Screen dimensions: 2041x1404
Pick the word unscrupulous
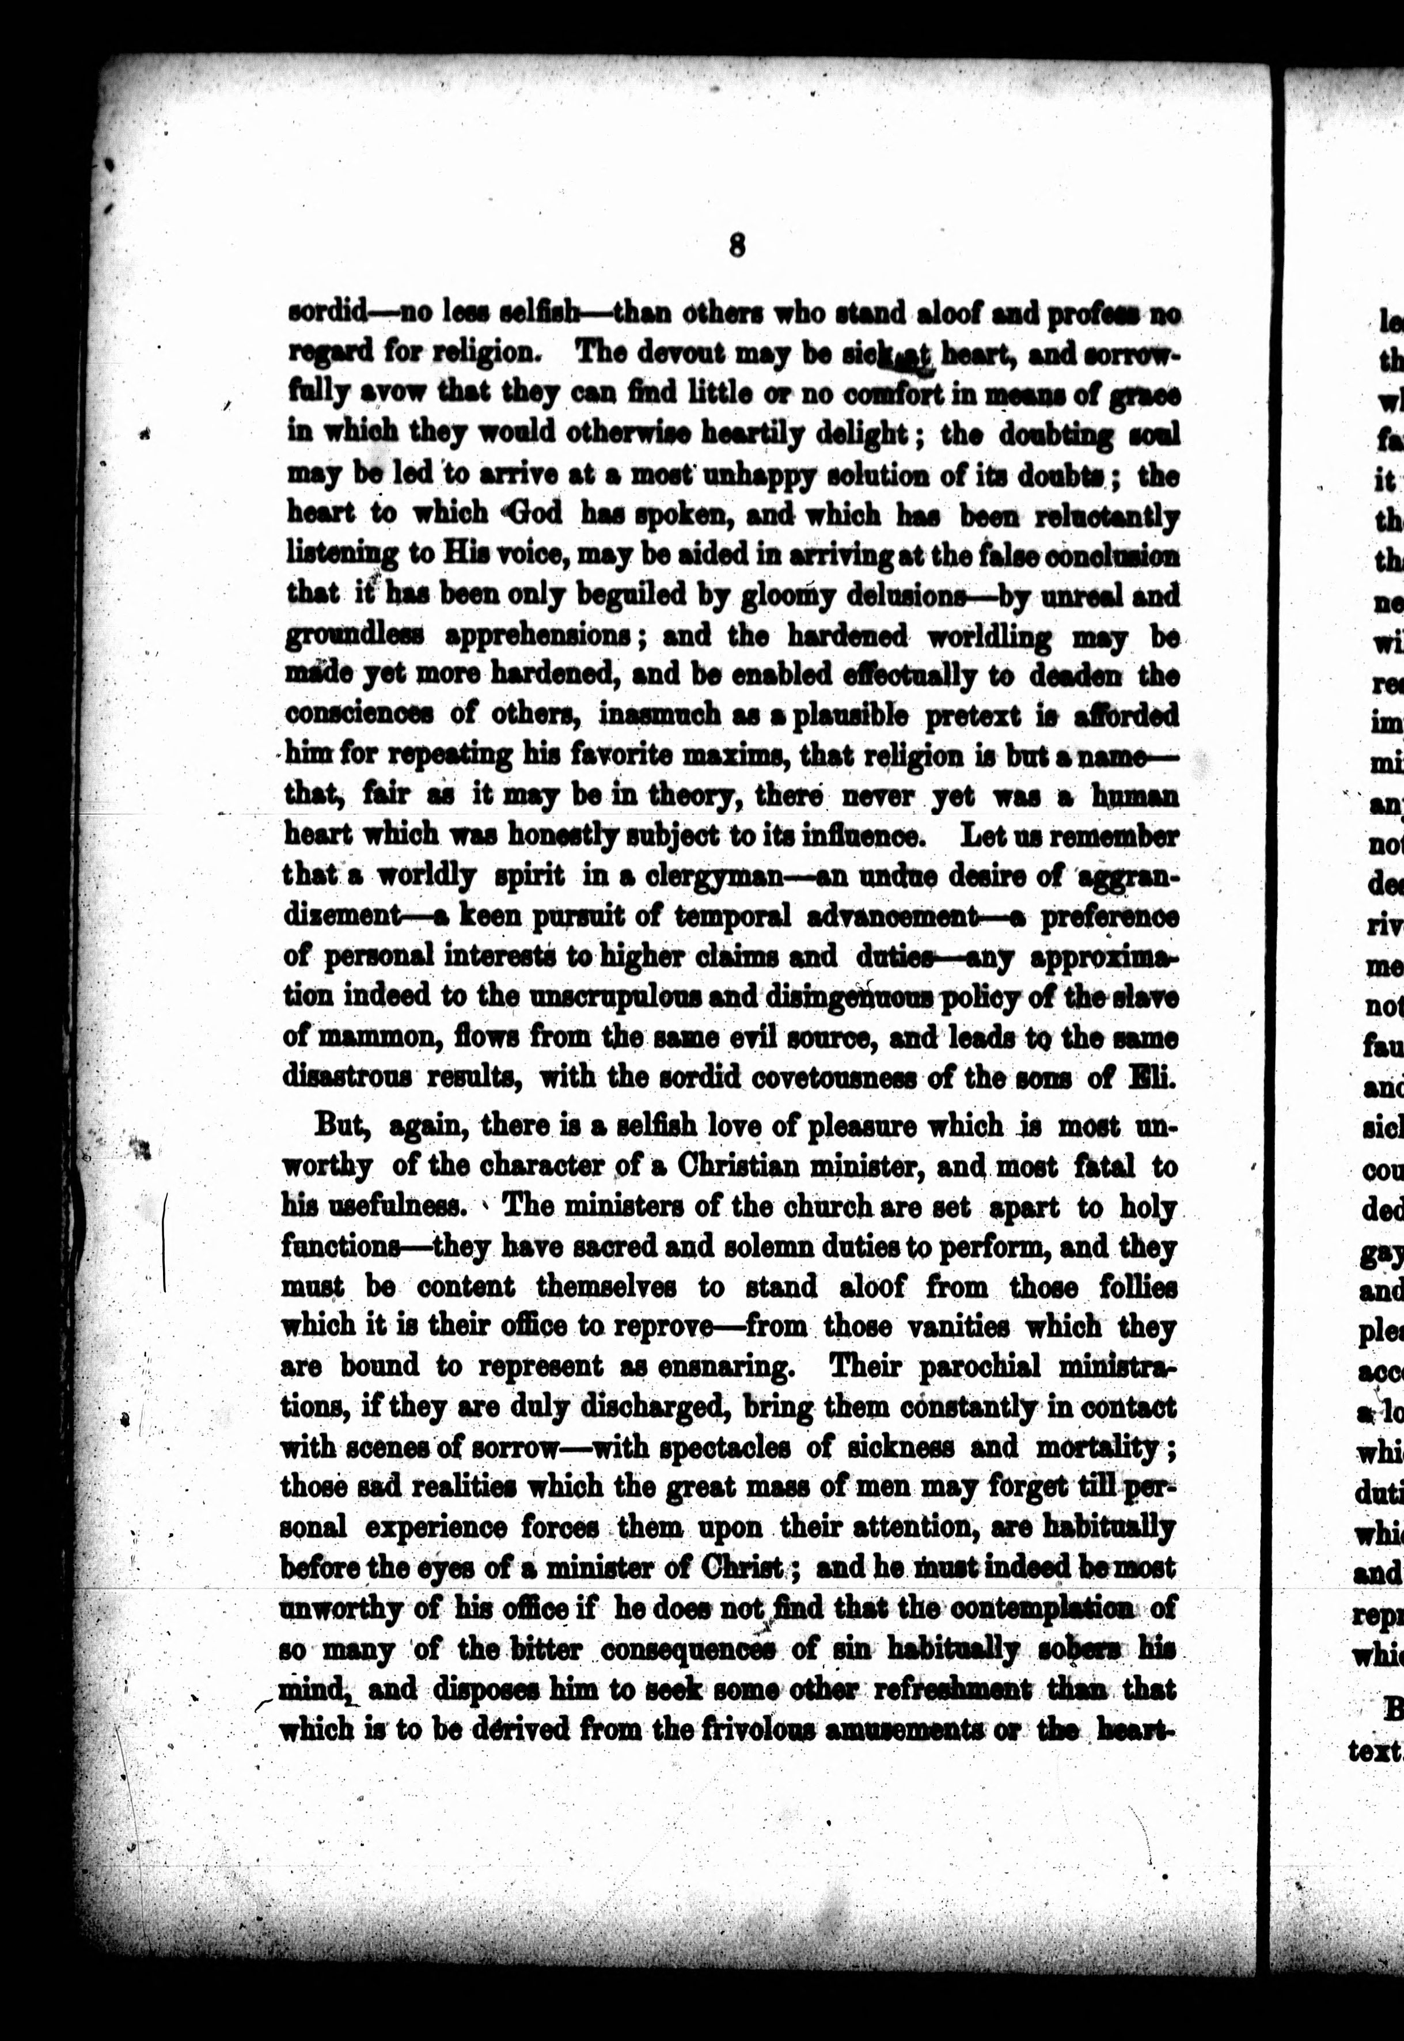pyautogui.click(x=625, y=997)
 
